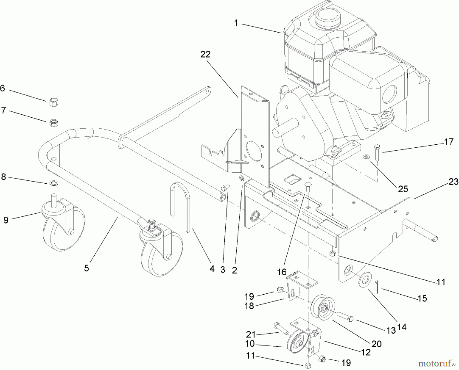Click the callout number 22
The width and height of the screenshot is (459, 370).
[x=205, y=54]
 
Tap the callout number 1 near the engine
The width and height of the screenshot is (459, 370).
[x=236, y=23]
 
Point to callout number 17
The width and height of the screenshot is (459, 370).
[x=449, y=142]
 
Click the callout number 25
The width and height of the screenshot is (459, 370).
[x=403, y=189]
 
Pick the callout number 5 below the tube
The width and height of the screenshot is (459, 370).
[x=86, y=268]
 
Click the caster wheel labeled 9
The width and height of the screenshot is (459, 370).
[x=64, y=224]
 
